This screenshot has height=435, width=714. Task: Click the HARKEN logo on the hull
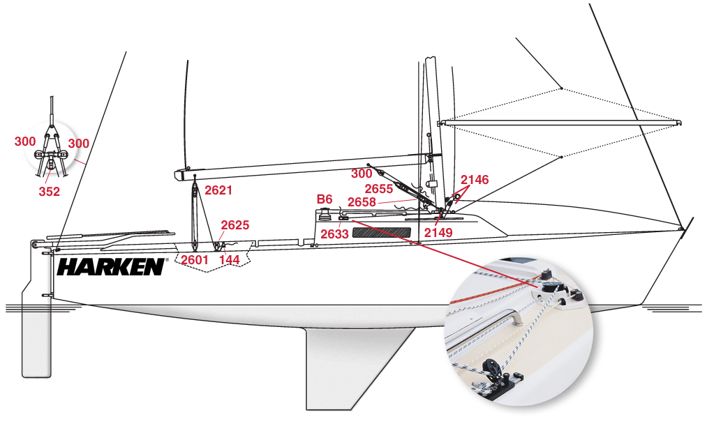111,266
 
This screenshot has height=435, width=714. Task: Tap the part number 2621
218,190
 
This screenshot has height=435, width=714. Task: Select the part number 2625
235,224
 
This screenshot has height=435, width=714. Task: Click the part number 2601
195,260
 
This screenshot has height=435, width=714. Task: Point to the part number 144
229,260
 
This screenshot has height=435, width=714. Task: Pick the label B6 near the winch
325,199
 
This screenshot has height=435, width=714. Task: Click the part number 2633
334,234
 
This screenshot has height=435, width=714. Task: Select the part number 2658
362,201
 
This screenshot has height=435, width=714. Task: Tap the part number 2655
379,188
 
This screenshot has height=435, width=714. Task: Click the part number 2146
475,180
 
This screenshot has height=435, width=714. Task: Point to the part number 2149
438,233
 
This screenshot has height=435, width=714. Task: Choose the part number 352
49,192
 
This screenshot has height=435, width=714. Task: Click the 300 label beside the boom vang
362,174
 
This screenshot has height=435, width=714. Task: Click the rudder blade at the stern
36,332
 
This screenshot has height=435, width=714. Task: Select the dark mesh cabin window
382,233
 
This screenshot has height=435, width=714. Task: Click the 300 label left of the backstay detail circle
25,142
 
